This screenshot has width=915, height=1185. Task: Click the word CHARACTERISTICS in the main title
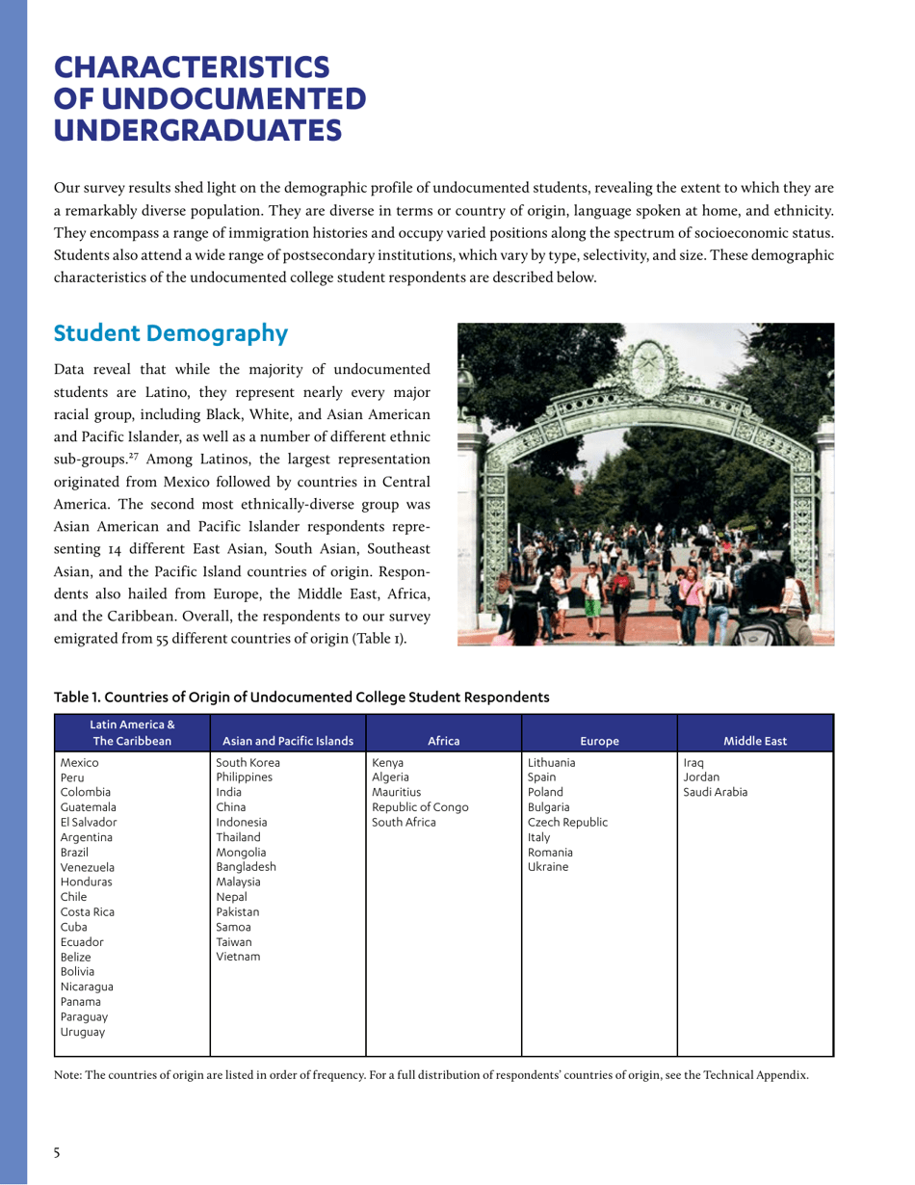tap(191, 67)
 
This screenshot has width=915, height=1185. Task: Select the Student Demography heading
tap(170, 333)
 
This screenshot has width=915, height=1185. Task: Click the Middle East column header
tap(755, 741)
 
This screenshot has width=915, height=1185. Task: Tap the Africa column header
tap(443, 741)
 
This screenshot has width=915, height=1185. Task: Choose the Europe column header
tap(599, 741)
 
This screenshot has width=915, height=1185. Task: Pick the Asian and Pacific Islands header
tap(287, 741)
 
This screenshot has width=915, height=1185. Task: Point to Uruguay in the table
tap(82, 1032)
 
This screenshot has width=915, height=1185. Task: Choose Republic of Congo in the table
tap(420, 806)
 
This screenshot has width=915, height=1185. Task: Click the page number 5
tap(57, 1152)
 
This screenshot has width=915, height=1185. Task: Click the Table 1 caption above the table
tap(301, 696)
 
